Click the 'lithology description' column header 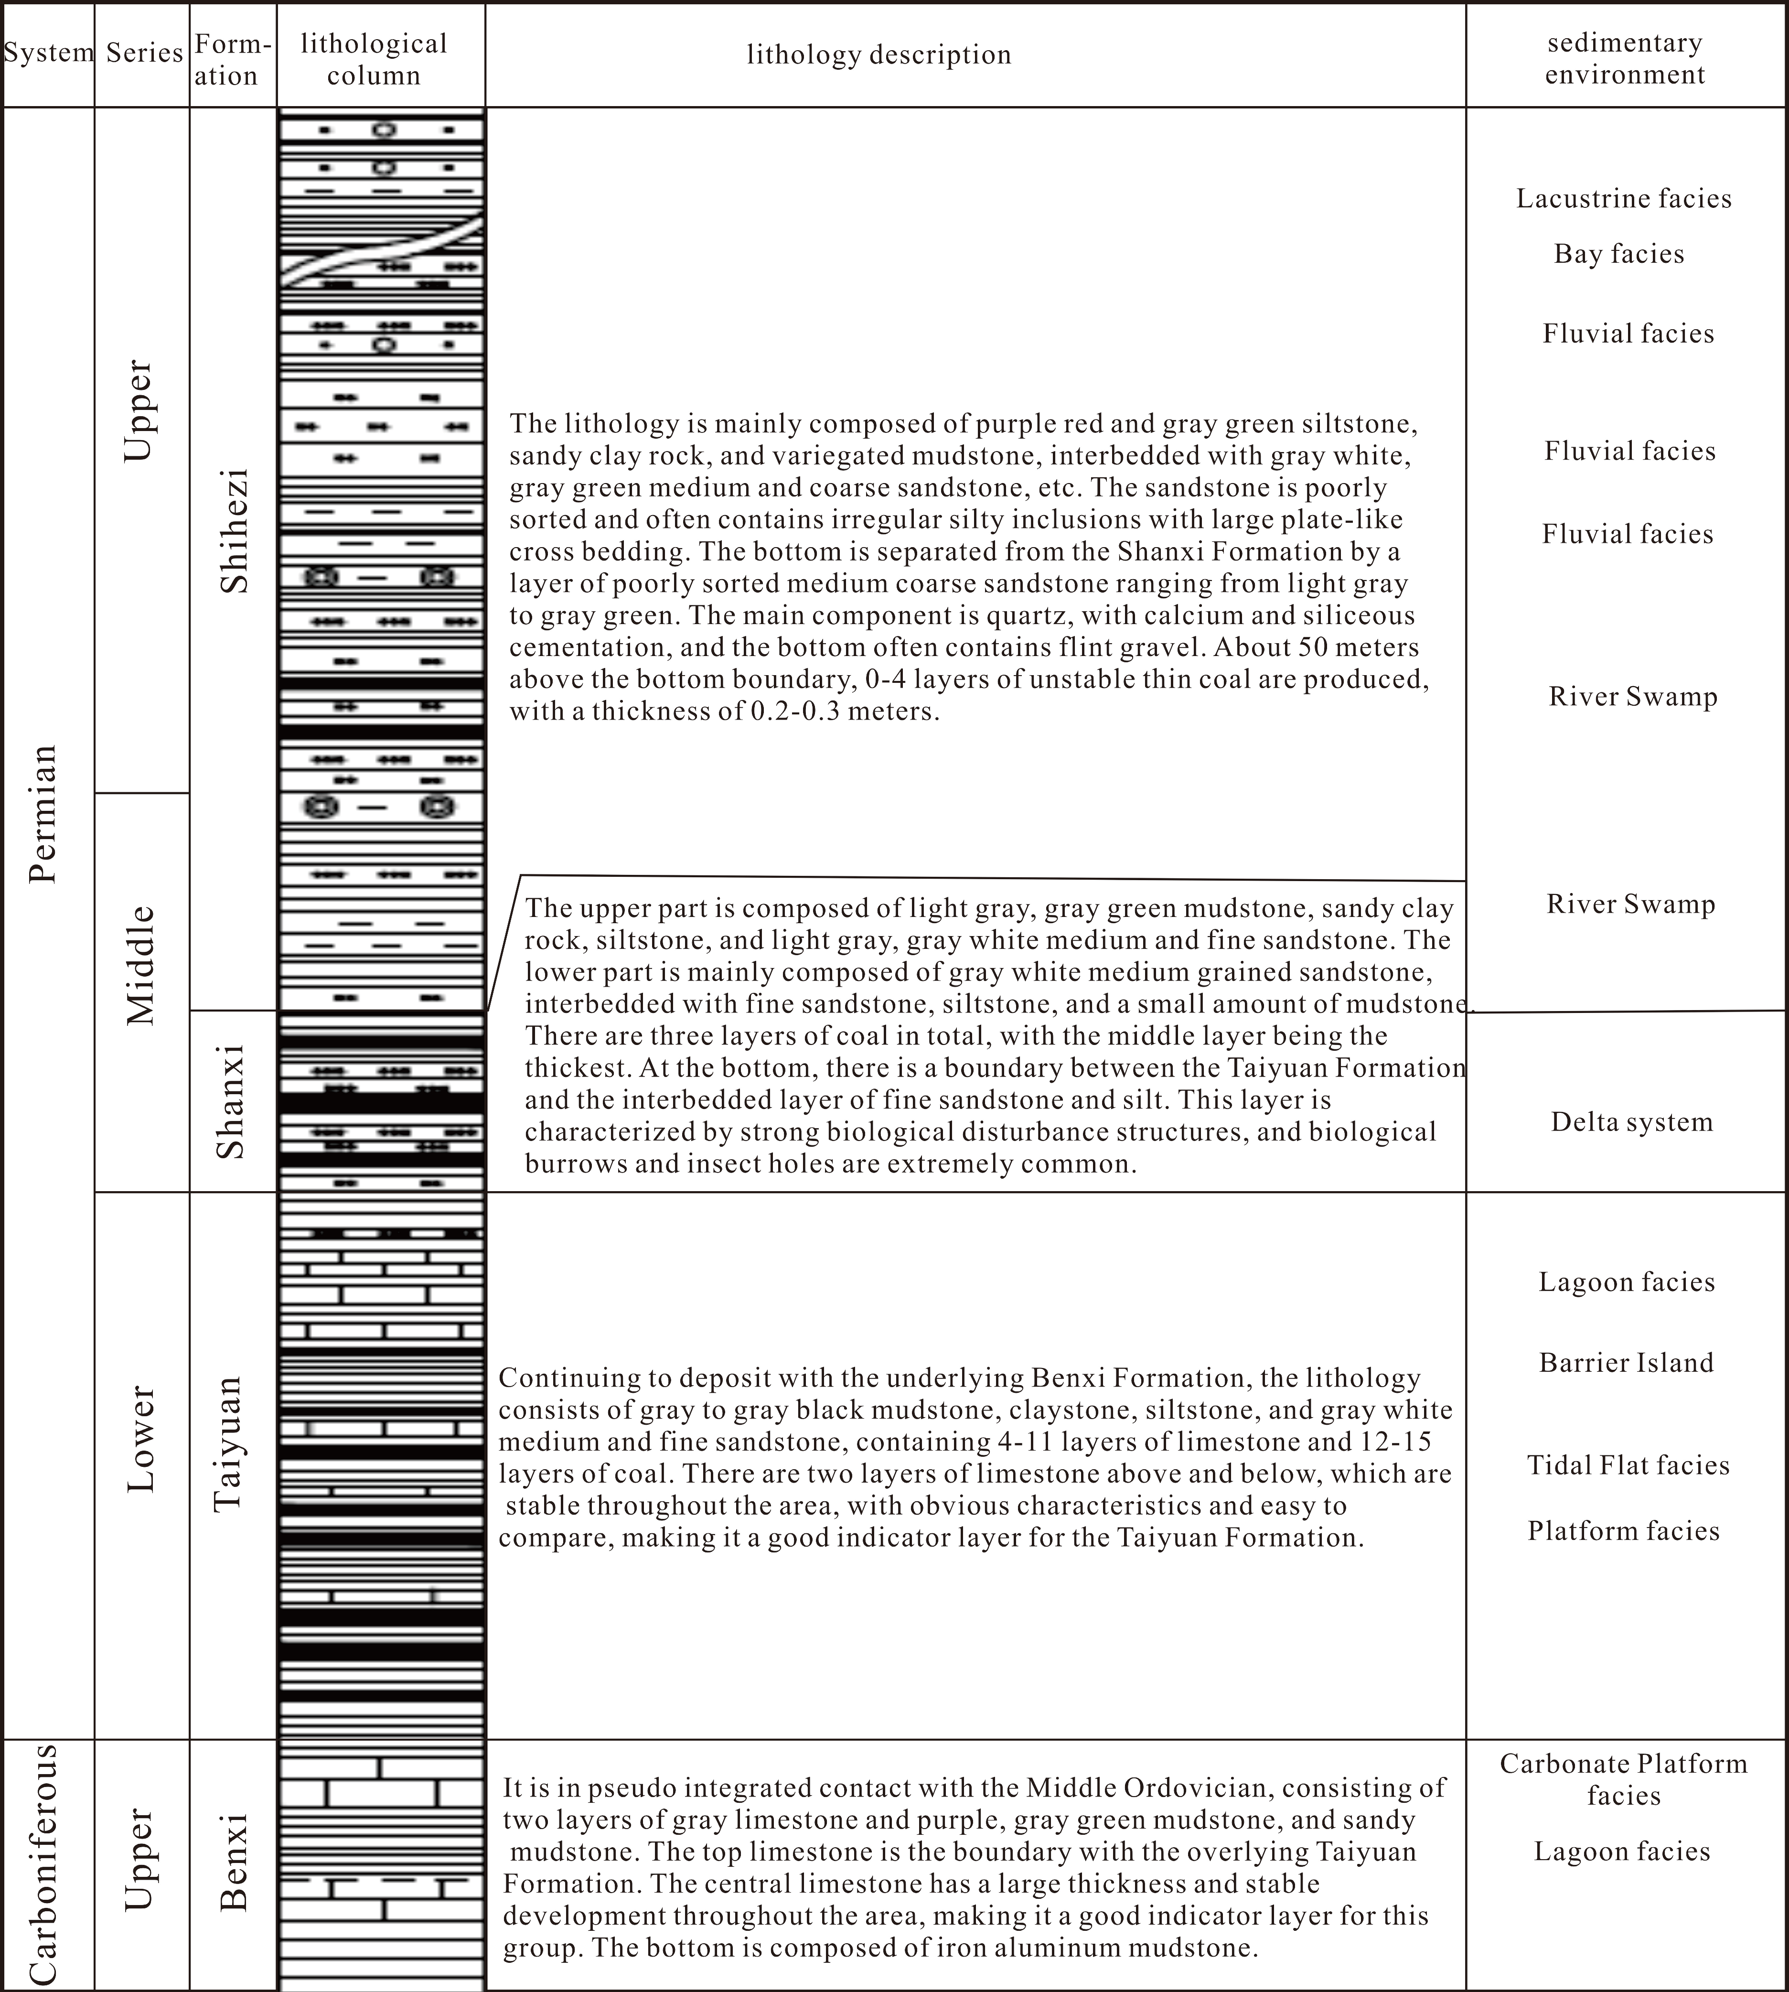coord(879,55)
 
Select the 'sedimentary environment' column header coord(1625,58)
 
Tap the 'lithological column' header coord(374,59)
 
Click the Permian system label coord(43,814)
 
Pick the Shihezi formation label coord(234,531)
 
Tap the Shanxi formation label coord(230,1101)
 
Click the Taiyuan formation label coord(228,1443)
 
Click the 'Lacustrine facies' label coord(1624,199)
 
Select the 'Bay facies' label coord(1619,254)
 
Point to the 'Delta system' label coord(1632,1122)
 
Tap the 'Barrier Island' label coord(1626,1363)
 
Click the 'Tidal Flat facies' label coord(1628,1465)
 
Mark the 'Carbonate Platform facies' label coord(1624,1780)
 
